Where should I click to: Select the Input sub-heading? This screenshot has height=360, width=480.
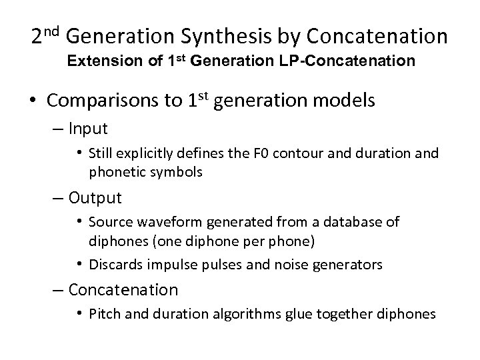tap(88, 127)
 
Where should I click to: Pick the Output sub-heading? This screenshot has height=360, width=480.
tap(95, 198)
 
